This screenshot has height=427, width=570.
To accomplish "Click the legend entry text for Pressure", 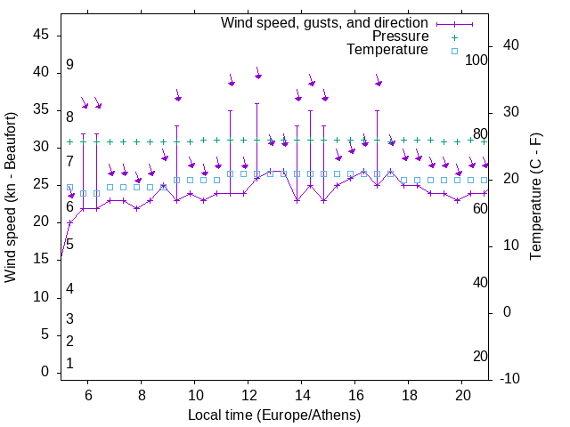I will (x=401, y=36).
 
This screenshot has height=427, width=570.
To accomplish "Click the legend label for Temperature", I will (x=387, y=50).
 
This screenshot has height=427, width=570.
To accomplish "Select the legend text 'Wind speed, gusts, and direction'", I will (x=325, y=22).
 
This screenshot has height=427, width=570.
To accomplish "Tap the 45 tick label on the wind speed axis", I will (x=41, y=34).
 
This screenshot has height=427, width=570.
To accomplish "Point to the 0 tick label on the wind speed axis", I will (x=45, y=372).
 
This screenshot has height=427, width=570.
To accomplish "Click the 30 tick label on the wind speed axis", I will (x=41, y=147).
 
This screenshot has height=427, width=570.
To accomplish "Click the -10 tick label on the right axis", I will (x=516, y=379).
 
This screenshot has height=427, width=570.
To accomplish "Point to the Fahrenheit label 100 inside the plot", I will (x=476, y=60).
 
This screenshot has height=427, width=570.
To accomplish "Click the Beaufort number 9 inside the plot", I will (x=69, y=65).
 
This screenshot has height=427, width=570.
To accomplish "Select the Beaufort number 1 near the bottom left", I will (x=69, y=364).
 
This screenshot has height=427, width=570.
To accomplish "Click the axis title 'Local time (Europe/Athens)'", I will (x=274, y=415).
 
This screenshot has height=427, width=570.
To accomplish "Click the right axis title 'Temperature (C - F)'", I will (x=535, y=197).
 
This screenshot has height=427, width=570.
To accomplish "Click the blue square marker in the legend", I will (x=453, y=51).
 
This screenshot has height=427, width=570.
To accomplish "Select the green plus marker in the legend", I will (x=453, y=37).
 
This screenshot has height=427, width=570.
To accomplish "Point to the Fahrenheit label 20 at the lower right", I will (x=480, y=356).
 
